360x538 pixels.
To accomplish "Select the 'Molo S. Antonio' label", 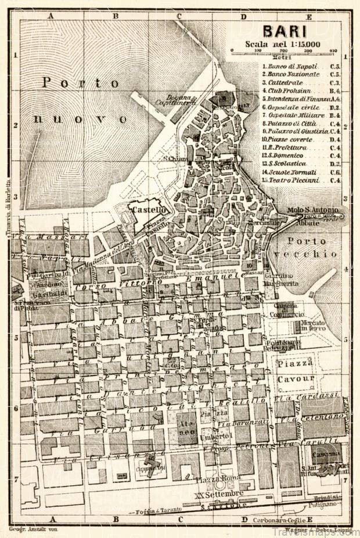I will (313, 210).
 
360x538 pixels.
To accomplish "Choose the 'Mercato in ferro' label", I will (312, 326).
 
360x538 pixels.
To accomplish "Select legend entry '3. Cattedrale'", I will (283, 83).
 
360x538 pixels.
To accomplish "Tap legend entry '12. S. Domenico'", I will (283, 156).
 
